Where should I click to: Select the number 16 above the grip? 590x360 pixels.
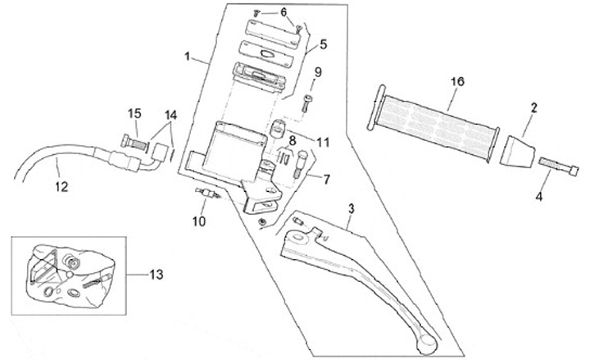[457, 81]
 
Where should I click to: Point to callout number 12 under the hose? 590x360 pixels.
[61, 186]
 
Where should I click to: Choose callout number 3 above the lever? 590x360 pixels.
[350, 210]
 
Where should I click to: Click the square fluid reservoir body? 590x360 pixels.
[234, 147]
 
